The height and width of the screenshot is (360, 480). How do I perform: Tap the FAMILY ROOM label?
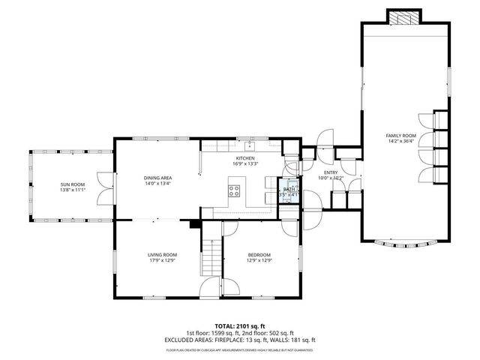tap(400, 136)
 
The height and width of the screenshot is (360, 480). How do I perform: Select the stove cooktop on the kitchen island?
tap(235, 190)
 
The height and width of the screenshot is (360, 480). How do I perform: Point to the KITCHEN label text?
tap(245, 158)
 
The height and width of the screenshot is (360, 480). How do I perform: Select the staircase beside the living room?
tap(211, 259)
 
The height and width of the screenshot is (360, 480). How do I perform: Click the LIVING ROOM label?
tap(161, 255)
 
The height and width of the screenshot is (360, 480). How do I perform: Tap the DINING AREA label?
tap(158, 178)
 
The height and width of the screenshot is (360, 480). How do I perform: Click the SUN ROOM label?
tap(73, 184)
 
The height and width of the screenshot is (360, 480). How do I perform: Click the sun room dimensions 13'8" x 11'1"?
tap(73, 190)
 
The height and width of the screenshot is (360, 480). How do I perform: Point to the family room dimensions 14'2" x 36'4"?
tap(400, 142)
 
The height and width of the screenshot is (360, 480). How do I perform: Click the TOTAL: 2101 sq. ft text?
tap(239, 326)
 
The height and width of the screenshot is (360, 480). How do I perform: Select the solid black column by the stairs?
tap(196, 223)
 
